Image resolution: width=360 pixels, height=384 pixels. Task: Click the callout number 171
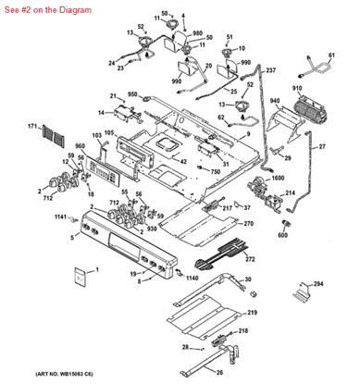coord(32,126)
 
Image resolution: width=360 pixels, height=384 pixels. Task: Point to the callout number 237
coord(270,70)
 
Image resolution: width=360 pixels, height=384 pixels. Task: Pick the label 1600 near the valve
coord(277,176)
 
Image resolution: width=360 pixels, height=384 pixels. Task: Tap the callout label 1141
coord(60,217)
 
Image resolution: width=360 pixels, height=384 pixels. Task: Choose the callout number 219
coord(253,314)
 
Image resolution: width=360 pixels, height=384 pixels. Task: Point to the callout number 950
coord(132,94)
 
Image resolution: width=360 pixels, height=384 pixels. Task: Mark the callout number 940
coord(274,99)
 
